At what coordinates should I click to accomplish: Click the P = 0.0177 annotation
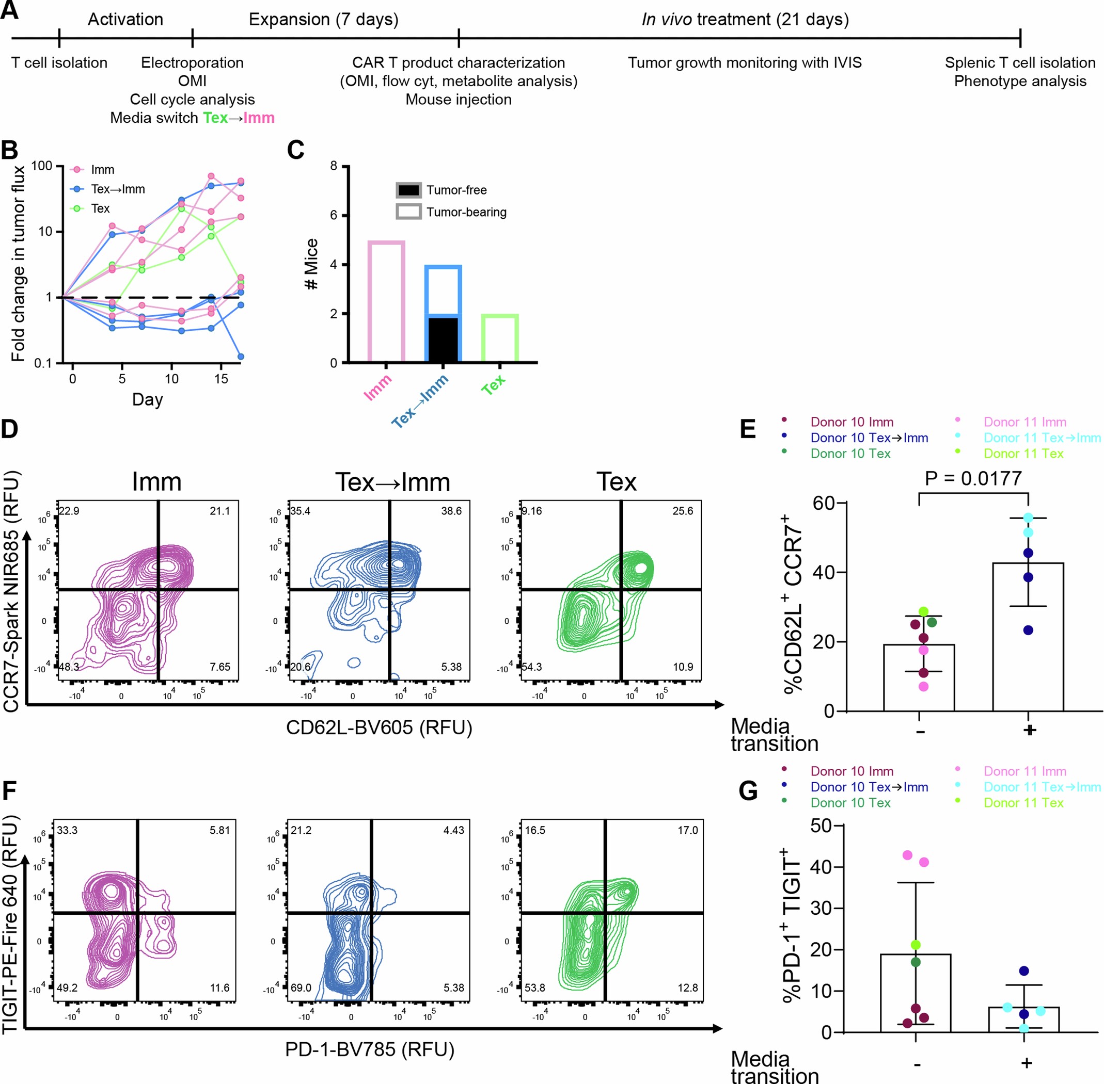[x=973, y=479]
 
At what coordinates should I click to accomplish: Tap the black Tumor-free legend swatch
[x=408, y=190]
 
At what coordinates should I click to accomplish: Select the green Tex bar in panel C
[x=500, y=338]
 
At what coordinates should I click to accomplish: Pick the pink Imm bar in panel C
[x=386, y=302]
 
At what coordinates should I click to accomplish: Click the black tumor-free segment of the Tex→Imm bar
[x=443, y=340]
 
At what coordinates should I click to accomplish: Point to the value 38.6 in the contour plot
[x=451, y=511]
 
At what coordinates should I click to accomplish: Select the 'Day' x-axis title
[x=147, y=400]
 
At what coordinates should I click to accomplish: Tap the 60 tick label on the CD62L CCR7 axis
[x=824, y=503]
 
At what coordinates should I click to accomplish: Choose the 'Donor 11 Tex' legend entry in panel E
[x=1023, y=454]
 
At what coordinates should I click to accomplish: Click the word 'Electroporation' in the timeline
[x=192, y=62]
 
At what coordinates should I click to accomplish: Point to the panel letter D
[x=10, y=429]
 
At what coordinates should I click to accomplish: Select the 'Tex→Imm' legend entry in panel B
[x=117, y=189]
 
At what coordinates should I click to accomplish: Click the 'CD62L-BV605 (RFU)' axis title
[x=379, y=727]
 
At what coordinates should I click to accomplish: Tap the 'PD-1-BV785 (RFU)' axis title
[x=370, y=1049]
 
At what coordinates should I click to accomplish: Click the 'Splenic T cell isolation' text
[x=1020, y=62]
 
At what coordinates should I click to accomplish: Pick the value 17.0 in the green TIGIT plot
[x=687, y=831]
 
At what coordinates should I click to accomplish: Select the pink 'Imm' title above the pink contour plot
[x=156, y=482]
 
